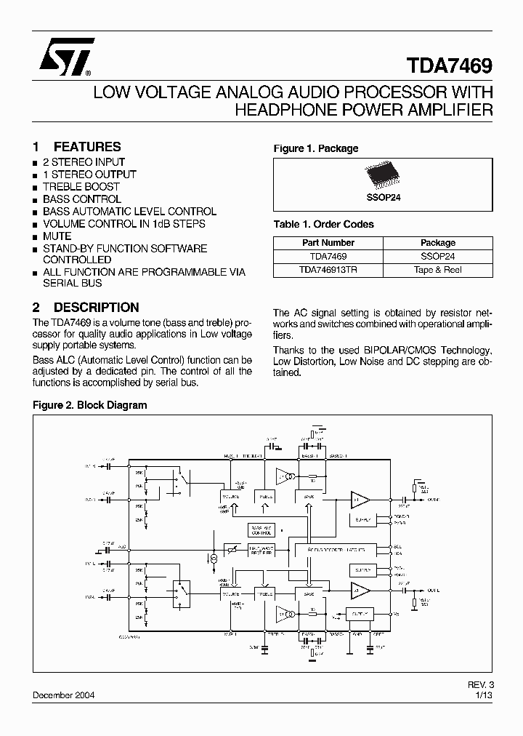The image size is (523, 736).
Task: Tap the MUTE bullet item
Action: [57, 236]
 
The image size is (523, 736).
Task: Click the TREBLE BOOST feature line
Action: [81, 186]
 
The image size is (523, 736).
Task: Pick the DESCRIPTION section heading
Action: [96, 307]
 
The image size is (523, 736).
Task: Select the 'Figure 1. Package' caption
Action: [315, 148]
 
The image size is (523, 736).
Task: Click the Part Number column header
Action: [328, 243]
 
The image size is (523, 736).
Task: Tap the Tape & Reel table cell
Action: [438, 269]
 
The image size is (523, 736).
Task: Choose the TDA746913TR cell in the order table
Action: [328, 269]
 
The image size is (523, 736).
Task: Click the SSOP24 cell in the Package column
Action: [438, 256]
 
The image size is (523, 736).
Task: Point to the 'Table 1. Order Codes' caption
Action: [323, 224]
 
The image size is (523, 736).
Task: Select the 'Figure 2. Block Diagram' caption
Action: [89, 405]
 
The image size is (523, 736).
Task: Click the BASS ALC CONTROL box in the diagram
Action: [260, 529]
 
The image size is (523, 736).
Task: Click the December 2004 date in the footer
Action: [63, 695]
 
